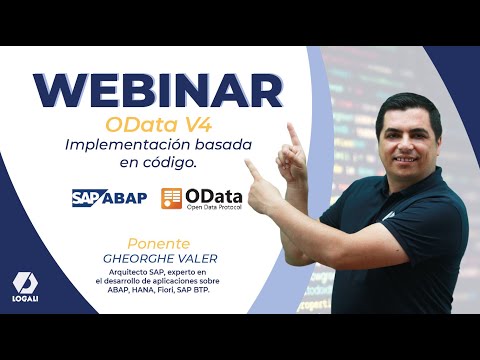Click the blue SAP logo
coord(87,197)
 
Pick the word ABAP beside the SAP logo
coord(124,197)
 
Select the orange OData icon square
coord(172,198)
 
